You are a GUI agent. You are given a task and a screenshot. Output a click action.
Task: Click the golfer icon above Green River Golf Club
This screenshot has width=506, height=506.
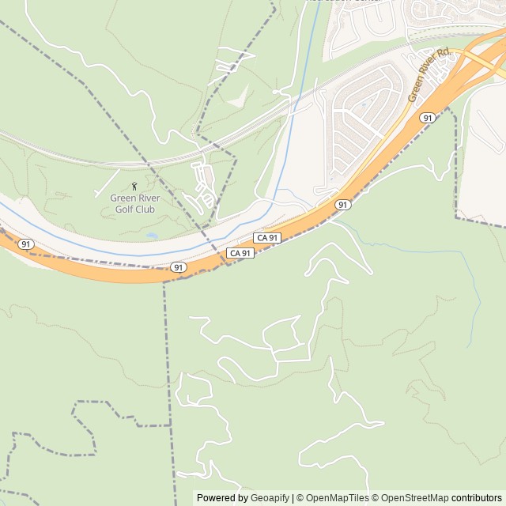[x=133, y=186]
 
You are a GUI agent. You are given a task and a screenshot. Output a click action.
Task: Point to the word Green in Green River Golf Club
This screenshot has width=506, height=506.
[x=123, y=198]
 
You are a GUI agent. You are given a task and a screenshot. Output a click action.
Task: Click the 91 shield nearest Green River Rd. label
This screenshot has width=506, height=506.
[x=428, y=117]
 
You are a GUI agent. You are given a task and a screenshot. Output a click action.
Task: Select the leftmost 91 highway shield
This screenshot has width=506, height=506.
[x=26, y=244]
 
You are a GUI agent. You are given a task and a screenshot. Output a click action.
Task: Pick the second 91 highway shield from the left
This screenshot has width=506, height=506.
[x=179, y=267]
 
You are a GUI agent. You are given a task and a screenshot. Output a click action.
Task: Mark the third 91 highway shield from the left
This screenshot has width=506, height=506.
[x=342, y=204]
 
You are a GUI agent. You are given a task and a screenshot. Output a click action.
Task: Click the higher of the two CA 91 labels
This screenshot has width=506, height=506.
[x=267, y=238]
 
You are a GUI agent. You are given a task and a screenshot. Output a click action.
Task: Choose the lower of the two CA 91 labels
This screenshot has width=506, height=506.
[x=240, y=253]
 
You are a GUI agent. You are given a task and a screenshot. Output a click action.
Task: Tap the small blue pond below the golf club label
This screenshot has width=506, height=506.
[x=151, y=236]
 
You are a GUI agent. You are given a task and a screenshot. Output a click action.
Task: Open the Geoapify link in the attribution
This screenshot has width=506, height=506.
[x=270, y=498]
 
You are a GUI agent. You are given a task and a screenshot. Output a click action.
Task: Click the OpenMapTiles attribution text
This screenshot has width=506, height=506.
[x=337, y=498]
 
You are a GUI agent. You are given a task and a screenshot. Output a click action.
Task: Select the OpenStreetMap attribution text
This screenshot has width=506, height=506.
[x=416, y=498]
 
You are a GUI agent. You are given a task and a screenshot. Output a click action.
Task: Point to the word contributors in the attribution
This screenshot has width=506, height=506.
[x=477, y=498]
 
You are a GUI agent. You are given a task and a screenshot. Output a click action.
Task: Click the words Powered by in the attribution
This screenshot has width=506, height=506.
[x=222, y=498]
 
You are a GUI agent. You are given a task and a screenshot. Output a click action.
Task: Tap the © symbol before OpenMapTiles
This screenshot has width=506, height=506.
[x=300, y=498]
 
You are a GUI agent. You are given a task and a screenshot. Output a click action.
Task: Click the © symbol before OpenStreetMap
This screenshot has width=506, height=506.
[x=376, y=498]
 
